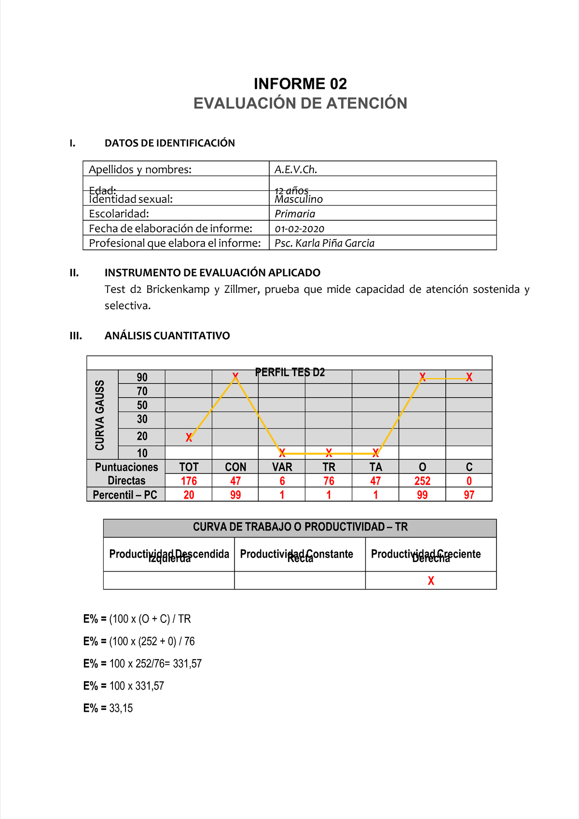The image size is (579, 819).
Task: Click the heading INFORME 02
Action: pos(300,84)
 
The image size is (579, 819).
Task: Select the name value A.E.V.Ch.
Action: pos(296,170)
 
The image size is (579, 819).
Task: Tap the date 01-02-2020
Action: pos(299,229)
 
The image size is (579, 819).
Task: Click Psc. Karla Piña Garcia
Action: pos(324,244)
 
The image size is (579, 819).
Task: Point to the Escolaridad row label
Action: pos(119,214)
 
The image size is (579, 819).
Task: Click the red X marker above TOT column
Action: pos(189,438)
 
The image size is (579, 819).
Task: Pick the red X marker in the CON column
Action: pos(235,376)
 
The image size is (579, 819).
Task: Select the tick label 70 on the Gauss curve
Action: pos(142,391)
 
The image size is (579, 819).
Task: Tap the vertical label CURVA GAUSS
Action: pos(100,415)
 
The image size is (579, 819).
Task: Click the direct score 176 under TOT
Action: pos(189,481)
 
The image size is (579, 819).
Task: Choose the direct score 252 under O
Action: pos(422,481)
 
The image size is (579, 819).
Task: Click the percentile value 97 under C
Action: pos(469,495)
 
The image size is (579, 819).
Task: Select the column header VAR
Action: pos(282,467)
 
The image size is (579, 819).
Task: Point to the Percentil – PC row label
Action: pos(125,495)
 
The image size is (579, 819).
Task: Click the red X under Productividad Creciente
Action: pos(431,581)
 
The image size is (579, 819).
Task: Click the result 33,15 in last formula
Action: pos(121,708)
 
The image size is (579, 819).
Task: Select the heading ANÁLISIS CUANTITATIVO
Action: pos(167,336)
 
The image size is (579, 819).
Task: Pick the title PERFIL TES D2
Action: pos(290,373)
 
